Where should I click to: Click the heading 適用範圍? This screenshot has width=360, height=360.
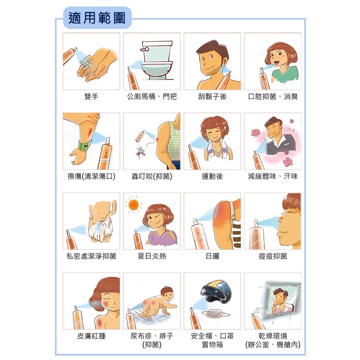(97, 18)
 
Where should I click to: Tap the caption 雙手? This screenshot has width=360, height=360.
(91, 97)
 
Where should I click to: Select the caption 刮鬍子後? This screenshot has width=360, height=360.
(212, 97)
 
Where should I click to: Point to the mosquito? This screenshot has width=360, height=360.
(140, 152)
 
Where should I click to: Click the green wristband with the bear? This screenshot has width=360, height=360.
(84, 146)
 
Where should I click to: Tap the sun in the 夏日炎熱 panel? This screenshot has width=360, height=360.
(133, 205)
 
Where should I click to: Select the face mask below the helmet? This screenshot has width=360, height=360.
(216, 313)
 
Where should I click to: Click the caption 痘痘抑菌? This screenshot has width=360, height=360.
(273, 256)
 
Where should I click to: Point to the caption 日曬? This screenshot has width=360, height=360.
(212, 256)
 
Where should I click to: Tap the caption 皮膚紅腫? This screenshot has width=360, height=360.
(91, 336)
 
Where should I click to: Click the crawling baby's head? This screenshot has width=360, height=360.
(167, 293)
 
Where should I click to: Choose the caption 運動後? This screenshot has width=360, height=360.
(212, 176)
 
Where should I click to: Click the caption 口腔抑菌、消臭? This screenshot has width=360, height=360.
(273, 97)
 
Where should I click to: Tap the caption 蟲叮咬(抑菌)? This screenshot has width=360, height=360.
(152, 176)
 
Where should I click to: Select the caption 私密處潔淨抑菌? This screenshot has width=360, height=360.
(91, 256)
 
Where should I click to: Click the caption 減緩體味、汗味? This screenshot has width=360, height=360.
(273, 176)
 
